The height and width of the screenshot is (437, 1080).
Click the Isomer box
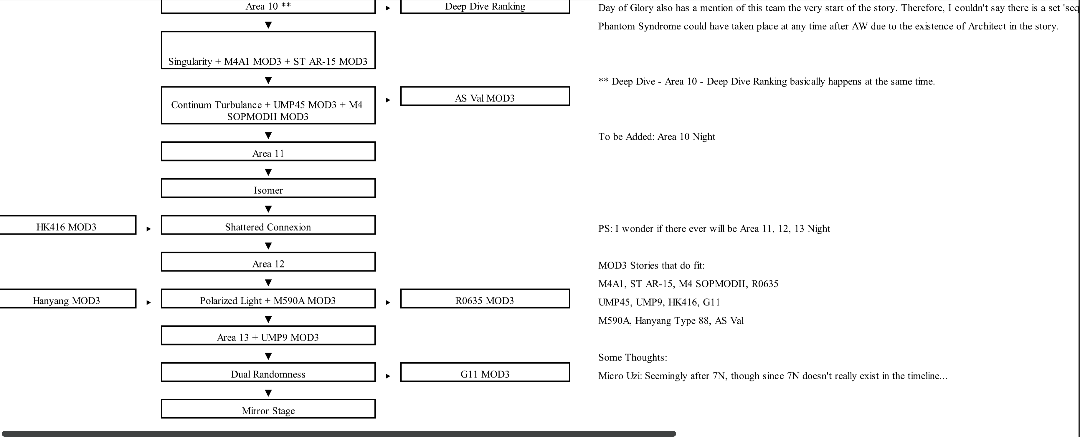(x=268, y=188)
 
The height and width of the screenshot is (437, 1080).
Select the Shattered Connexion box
(x=268, y=225)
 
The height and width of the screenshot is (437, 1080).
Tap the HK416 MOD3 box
(x=67, y=225)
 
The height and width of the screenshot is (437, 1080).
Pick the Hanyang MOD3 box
(x=67, y=299)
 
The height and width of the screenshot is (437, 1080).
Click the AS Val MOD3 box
(x=485, y=96)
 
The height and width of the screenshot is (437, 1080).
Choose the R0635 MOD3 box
(x=485, y=299)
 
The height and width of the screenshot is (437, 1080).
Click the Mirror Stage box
(x=268, y=409)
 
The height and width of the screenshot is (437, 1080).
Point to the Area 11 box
(x=268, y=151)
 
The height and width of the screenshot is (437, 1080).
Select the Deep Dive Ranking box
(x=485, y=6)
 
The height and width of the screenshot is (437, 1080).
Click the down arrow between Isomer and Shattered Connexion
(x=268, y=209)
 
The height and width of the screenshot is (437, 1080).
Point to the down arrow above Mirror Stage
(x=268, y=393)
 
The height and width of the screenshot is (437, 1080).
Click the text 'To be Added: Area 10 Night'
(x=657, y=137)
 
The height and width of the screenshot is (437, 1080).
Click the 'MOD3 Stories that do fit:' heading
(x=652, y=265)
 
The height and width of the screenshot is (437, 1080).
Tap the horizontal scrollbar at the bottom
(x=339, y=434)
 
